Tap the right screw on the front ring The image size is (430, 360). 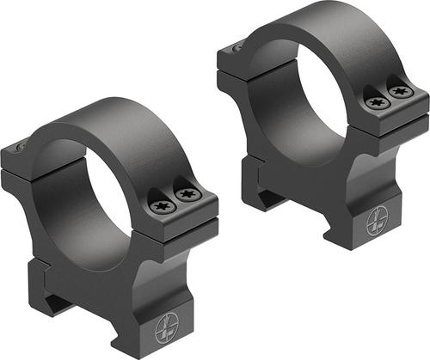coord(187,196)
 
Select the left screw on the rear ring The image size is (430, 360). coord(375,102)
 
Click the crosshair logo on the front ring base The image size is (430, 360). coord(165,330)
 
